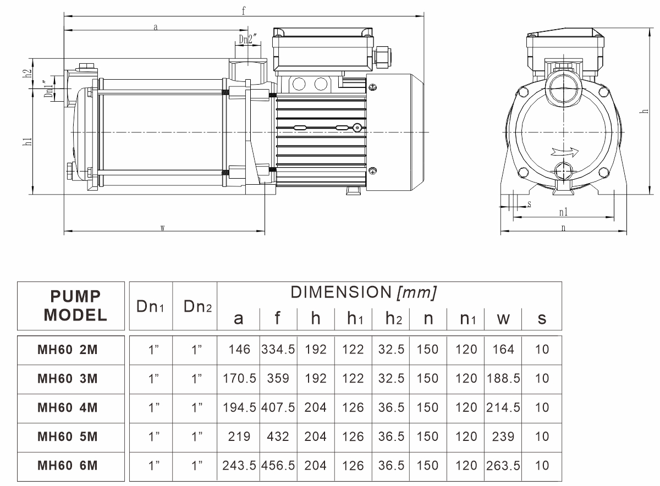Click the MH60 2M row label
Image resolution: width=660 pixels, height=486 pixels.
(x=67, y=349)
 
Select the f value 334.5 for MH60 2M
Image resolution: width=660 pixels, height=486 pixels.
(x=278, y=349)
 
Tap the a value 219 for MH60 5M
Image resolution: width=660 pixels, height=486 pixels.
(x=239, y=437)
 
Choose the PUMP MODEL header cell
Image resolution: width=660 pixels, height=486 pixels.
(x=75, y=306)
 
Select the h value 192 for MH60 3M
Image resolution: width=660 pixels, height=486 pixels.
(x=316, y=378)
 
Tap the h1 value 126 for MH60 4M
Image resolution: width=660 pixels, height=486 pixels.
(x=353, y=407)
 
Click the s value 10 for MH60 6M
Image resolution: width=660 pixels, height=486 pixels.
(x=542, y=466)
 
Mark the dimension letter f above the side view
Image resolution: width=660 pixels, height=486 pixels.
(x=243, y=10)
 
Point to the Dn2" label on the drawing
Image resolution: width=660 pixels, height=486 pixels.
(x=245, y=39)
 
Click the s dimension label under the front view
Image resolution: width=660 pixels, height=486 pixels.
(x=529, y=204)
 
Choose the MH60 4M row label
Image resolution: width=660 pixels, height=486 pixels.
(x=67, y=407)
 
